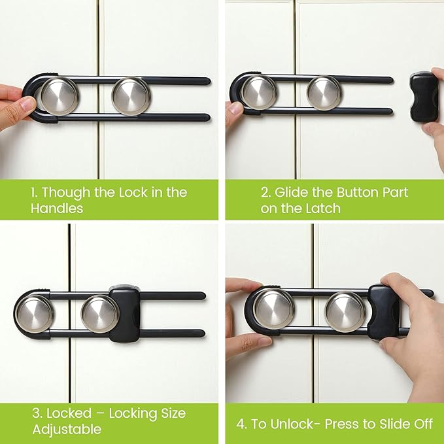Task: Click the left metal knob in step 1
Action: pos(58,95)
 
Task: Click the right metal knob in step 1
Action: pos(131,95)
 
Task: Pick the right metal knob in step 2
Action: pos(324,92)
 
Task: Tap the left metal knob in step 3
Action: pos(34,313)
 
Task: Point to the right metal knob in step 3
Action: pos(99,314)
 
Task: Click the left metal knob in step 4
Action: pos(274,309)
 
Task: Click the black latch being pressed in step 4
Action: pos(385,312)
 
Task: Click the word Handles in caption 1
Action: pos(57,208)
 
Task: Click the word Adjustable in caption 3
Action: pos(67,429)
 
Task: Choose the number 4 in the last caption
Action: pos(241,424)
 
